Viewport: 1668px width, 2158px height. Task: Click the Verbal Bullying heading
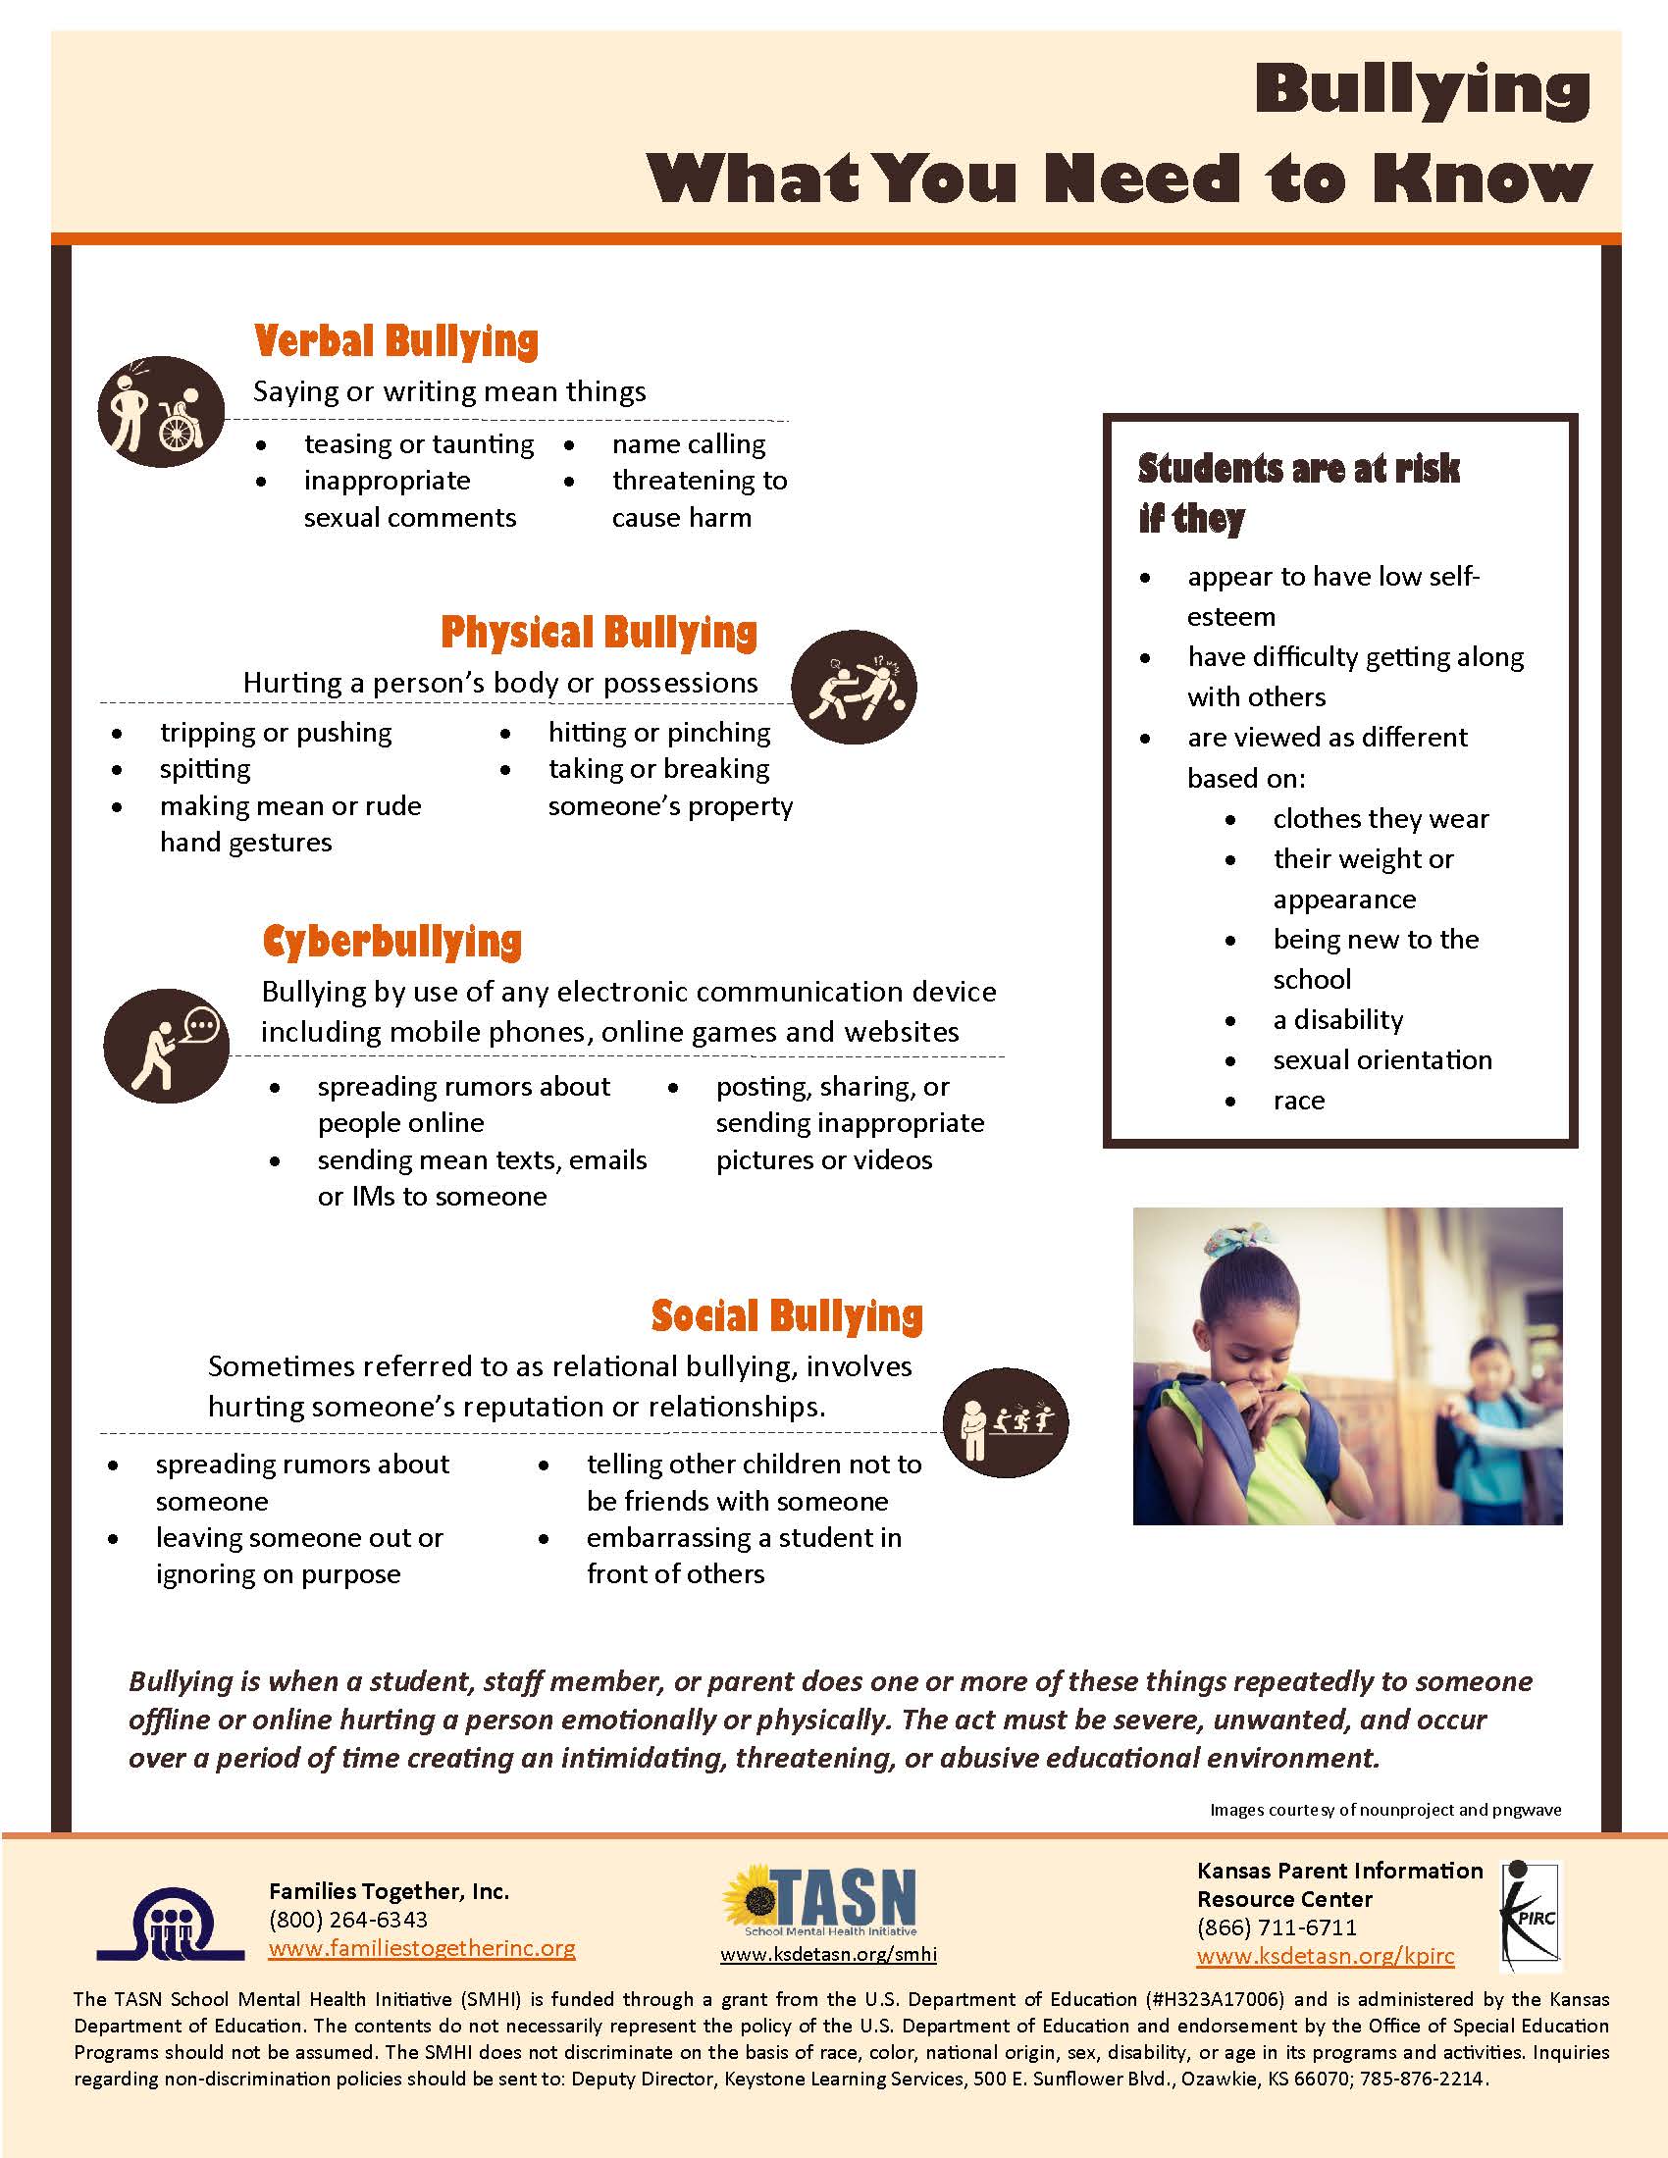[396, 341]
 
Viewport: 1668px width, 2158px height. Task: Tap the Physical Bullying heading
[599, 633]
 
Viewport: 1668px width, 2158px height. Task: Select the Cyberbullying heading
[391, 942]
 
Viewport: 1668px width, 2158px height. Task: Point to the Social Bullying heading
[787, 1316]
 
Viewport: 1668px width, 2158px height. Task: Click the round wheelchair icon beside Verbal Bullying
[161, 411]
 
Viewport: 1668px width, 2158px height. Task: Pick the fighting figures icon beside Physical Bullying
[855, 686]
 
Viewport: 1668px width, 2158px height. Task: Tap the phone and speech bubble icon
[166, 1046]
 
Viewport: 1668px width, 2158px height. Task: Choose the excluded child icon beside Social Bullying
[1005, 1423]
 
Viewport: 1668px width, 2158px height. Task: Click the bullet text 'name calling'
[689, 444]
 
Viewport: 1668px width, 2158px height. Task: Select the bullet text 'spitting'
[205, 769]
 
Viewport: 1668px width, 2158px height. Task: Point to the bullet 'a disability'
[1338, 1020]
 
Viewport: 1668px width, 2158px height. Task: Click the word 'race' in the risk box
[1298, 1101]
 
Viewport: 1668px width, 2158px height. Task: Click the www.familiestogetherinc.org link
[422, 1947]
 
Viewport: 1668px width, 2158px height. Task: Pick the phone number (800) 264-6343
[348, 1919]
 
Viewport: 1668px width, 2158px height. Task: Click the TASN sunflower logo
[820, 1900]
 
